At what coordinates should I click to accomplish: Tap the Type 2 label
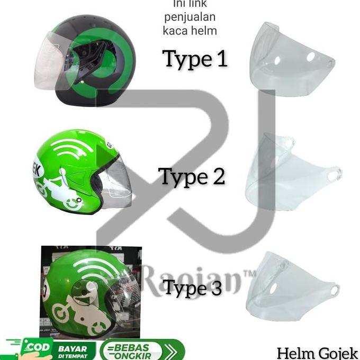[192, 176]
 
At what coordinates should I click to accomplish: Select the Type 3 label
[192, 289]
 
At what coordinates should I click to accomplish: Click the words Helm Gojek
[317, 353]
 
